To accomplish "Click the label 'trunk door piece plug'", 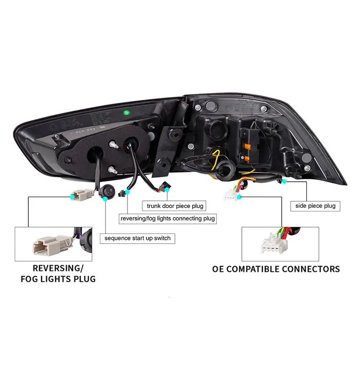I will pos(175,206).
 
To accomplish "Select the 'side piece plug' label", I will pos(315,206).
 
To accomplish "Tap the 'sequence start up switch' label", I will pos(137,238).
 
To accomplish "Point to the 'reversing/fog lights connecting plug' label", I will pos(167,219).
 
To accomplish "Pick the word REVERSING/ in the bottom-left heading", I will pos(58,268).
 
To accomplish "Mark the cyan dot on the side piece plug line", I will pos(284,182).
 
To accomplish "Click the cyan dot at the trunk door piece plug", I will pos(168,188).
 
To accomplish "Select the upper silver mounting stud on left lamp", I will pos(112,143).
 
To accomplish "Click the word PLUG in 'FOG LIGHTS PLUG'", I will pos(84,279).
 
